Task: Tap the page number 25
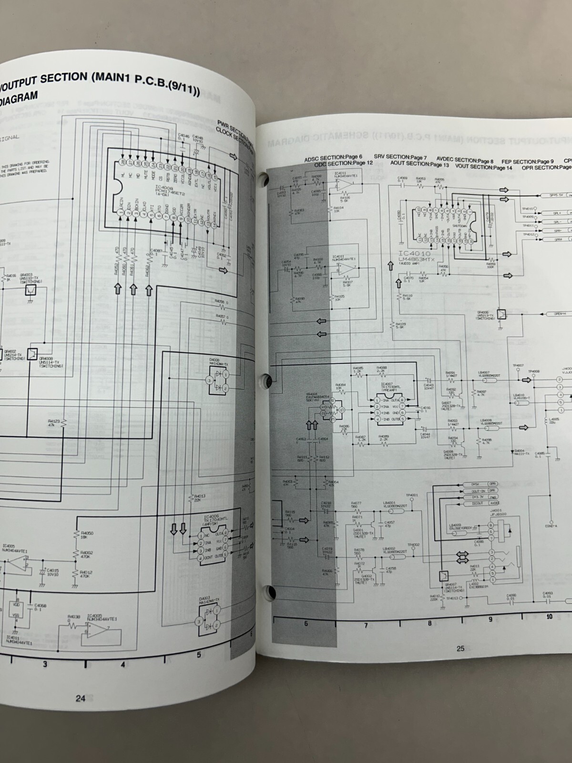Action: pyautogui.click(x=460, y=648)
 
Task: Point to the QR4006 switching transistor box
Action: pyautogui.click(x=500, y=315)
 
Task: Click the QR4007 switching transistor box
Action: pyautogui.click(x=444, y=576)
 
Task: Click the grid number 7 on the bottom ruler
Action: pyautogui.click(x=366, y=625)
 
